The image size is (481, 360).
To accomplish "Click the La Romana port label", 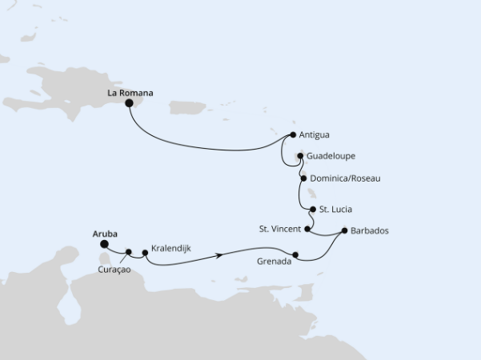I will (x=130, y=93).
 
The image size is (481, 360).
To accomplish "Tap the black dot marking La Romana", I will (x=129, y=102).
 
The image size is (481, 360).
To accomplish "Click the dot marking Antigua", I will (x=294, y=134).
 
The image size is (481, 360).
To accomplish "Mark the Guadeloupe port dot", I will (x=300, y=157).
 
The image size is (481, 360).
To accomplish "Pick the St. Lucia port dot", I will (x=312, y=209).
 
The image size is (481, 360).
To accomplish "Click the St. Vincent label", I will (x=279, y=230).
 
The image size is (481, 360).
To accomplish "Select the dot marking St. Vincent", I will (x=308, y=230).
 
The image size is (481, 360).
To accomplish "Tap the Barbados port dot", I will (x=344, y=231).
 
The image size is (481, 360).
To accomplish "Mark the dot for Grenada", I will (x=296, y=255).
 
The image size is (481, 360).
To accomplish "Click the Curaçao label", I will (x=115, y=270).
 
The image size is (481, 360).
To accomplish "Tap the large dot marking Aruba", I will (x=104, y=246).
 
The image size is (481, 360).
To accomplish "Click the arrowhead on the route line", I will (x=218, y=257).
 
